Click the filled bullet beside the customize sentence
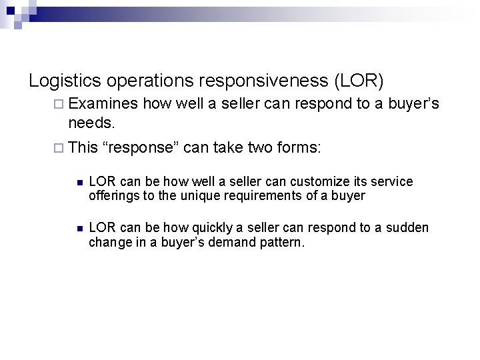(78, 182)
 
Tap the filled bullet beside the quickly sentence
(78, 229)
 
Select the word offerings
(112, 195)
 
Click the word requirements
(251, 195)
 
